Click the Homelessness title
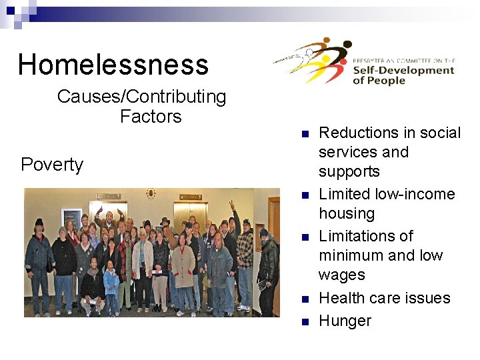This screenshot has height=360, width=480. click(x=113, y=65)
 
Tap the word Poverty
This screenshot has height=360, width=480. click(x=52, y=165)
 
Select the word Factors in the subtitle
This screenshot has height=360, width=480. click(x=151, y=117)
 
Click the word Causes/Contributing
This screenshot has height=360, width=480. click(x=141, y=97)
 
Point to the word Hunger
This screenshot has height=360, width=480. click(x=345, y=321)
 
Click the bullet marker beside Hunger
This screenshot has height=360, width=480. click(x=303, y=322)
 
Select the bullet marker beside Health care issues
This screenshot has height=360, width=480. click(x=303, y=299)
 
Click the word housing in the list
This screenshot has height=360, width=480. click(x=347, y=213)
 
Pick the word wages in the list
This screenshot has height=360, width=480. click(x=341, y=275)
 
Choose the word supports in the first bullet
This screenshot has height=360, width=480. click(x=349, y=171)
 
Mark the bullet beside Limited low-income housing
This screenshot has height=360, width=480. click(x=303, y=195)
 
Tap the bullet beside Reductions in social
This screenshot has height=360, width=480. click(x=303, y=134)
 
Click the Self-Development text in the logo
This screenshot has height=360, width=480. click(x=403, y=70)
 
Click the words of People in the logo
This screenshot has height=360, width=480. click(x=379, y=81)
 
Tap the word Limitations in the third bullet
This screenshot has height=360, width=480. click(x=365, y=236)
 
